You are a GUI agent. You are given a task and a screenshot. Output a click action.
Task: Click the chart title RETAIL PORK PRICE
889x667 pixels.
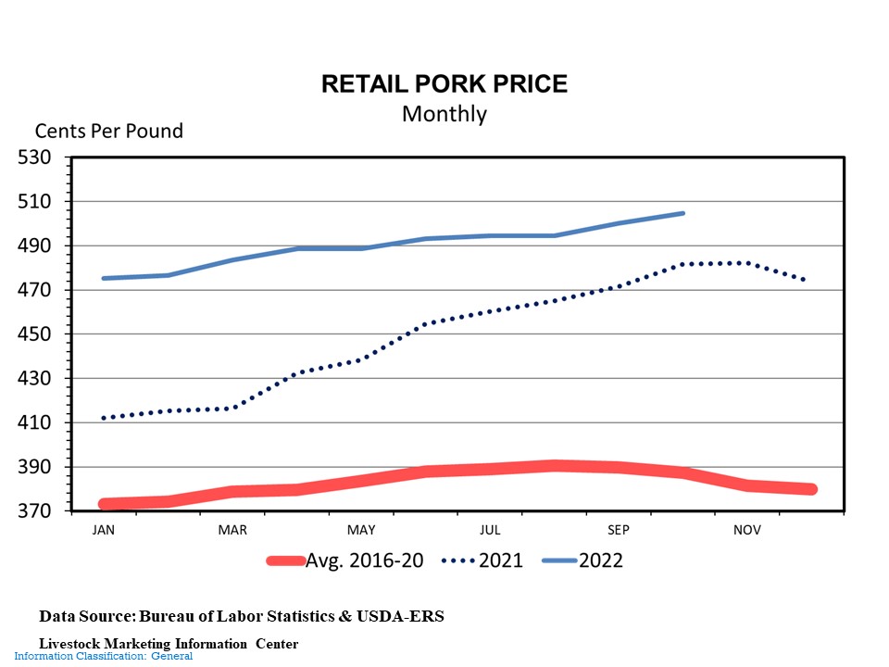(x=444, y=84)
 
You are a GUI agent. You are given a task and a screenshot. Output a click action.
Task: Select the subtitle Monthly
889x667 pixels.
(x=444, y=114)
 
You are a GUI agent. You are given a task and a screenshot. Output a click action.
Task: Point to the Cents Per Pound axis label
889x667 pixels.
(x=109, y=131)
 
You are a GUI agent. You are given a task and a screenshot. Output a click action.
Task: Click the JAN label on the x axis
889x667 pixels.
(x=103, y=530)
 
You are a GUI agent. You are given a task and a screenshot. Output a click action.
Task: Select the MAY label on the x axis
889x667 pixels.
(x=360, y=530)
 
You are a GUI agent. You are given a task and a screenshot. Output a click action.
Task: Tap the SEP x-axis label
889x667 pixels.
(x=618, y=530)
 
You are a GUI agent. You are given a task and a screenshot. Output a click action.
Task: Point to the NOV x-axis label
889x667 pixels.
(x=747, y=530)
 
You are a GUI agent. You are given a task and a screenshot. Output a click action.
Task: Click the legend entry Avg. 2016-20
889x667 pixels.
(x=364, y=560)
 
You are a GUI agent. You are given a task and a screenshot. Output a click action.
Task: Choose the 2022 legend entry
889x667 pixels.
(x=600, y=560)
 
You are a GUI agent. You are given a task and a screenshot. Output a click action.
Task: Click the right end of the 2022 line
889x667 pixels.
(x=683, y=213)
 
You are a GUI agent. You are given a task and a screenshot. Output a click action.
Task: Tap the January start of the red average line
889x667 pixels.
(x=104, y=504)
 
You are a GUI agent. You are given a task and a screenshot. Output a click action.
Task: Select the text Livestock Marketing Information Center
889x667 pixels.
(x=168, y=643)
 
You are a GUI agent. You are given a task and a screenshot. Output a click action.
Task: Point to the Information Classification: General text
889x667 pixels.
(x=103, y=656)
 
